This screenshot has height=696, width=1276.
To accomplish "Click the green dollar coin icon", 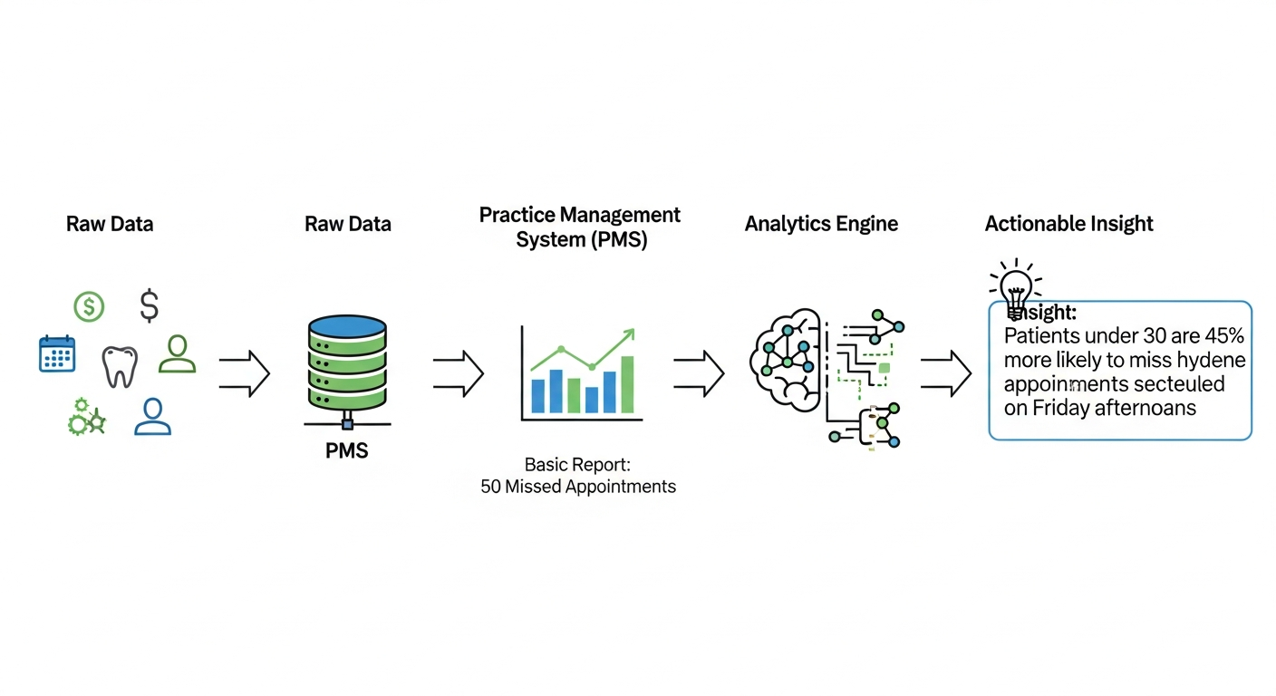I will tap(89, 307).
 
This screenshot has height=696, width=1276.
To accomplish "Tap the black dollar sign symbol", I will tap(150, 306).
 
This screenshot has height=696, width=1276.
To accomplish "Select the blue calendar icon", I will tap(57, 353).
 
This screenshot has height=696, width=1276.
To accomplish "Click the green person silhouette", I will tap(177, 354).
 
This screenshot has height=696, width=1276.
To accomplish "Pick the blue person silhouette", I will tap(152, 417).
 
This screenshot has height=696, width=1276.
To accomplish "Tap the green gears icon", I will tap(87, 418).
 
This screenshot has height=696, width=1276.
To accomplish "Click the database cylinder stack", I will tap(347, 362).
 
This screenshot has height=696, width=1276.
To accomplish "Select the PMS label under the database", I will tap(347, 450).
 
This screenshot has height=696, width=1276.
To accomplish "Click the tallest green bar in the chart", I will tap(627, 384).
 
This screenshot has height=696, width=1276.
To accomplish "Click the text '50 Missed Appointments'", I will tap(578, 487).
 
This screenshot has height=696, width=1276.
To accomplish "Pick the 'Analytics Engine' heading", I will tap(821, 224).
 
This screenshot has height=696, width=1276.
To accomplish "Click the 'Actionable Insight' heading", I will tap(1068, 224).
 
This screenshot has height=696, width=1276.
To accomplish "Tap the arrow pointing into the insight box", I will tap(946, 372).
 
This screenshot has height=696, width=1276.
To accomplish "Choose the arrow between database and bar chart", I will tap(458, 372).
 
